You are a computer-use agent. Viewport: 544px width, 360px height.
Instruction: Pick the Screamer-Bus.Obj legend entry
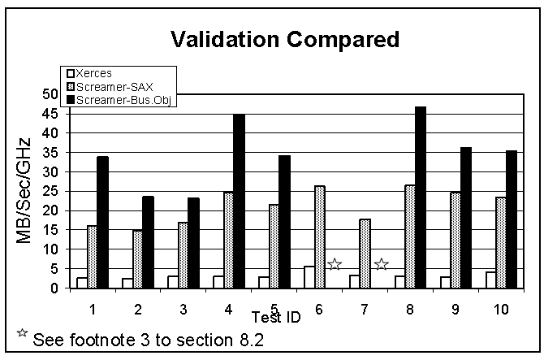point(119,100)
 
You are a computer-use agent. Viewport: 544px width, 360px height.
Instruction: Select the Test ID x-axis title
point(276,317)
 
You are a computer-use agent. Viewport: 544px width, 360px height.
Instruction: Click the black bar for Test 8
point(420,197)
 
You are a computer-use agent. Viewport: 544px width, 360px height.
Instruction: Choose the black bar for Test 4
point(239,200)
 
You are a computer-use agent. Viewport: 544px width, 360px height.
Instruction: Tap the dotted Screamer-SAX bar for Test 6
point(319,236)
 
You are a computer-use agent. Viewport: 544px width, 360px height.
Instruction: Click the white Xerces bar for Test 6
point(309,277)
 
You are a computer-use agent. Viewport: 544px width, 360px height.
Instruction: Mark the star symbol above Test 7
point(381,264)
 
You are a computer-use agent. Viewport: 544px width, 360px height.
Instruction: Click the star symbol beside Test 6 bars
point(334,264)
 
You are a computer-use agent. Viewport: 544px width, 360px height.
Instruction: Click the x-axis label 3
point(183,310)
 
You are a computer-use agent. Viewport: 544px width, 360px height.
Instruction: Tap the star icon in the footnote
point(22,333)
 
